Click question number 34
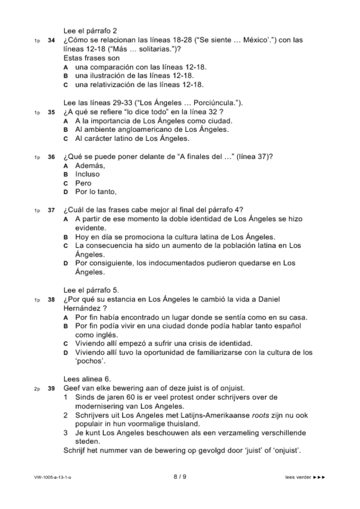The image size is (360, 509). (52, 41)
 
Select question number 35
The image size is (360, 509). (52, 112)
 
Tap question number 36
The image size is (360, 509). (52, 157)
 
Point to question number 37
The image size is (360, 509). (52, 210)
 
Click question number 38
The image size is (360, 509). (52, 299)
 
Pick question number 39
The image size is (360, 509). (52, 389)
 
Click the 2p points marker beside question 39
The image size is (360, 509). (37, 389)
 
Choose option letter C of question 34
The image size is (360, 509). (66, 85)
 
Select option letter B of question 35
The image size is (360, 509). (66, 130)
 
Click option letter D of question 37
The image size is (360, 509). (66, 264)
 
